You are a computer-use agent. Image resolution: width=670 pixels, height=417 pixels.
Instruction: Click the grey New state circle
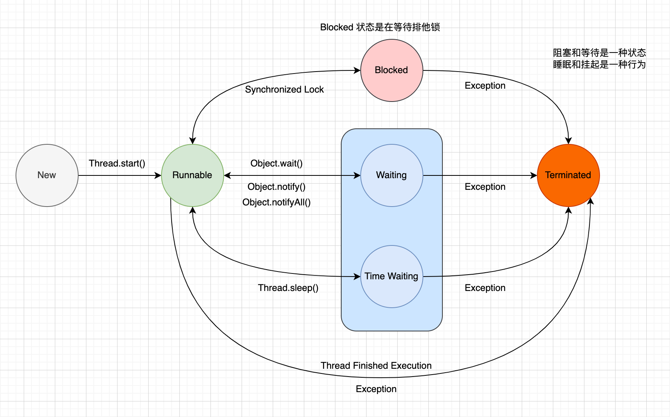(x=47, y=175)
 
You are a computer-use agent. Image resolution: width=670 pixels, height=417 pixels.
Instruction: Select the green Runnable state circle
(x=192, y=175)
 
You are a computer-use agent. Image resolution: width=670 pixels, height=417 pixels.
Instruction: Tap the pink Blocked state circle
(x=391, y=70)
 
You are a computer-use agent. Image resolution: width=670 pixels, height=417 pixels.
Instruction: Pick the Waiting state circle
(x=391, y=175)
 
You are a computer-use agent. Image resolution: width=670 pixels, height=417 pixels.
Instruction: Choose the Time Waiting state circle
(x=391, y=277)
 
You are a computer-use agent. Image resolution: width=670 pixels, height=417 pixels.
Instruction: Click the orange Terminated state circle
(x=568, y=175)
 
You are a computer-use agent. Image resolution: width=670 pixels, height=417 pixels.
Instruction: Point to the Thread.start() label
(x=117, y=163)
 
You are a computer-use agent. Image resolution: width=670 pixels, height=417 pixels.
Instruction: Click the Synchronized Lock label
(x=284, y=89)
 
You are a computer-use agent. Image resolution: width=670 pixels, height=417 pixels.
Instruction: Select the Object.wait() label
(x=276, y=163)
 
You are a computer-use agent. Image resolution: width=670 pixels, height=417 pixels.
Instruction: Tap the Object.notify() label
(x=276, y=187)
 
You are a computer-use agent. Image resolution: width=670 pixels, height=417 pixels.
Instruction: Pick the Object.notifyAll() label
(x=276, y=202)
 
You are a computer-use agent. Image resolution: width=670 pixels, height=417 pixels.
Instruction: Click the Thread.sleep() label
(x=288, y=288)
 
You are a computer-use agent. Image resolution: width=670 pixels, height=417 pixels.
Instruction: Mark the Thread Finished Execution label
(x=376, y=366)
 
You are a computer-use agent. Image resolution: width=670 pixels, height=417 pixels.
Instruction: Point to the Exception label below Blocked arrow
(x=485, y=86)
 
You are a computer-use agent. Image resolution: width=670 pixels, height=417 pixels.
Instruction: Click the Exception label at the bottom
(x=376, y=389)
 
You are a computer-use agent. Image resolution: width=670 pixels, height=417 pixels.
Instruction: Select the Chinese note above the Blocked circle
(x=380, y=27)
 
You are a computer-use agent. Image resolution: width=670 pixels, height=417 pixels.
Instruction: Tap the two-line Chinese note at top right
(x=599, y=58)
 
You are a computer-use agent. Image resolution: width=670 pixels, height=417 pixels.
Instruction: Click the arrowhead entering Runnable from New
(x=158, y=175)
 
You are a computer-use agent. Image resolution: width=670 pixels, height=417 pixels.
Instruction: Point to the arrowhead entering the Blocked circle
(x=358, y=70)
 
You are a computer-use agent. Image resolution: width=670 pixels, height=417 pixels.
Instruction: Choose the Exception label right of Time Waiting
(x=485, y=288)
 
